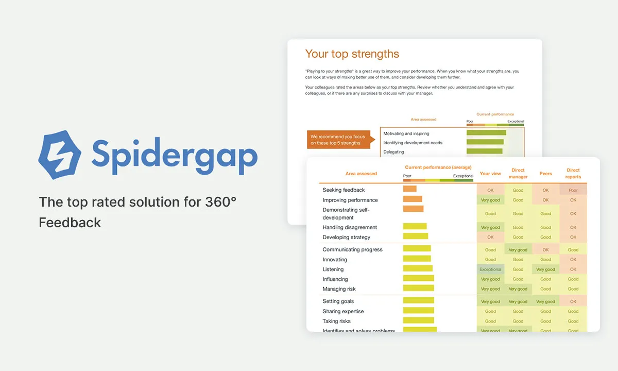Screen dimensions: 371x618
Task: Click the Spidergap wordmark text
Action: (174, 154)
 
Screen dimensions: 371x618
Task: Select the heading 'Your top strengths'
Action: (352, 54)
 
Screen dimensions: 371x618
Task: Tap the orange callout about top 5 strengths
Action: (338, 140)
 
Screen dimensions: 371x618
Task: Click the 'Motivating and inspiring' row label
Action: (406, 133)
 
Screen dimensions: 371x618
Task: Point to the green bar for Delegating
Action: (484, 151)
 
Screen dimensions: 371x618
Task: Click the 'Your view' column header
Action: (490, 174)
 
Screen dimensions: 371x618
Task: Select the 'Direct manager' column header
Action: (518, 174)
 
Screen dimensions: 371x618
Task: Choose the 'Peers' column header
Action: (545, 174)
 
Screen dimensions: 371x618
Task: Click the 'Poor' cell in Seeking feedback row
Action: (573, 190)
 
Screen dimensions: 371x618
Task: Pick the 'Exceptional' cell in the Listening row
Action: (490, 269)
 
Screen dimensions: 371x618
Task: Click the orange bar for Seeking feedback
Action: (409, 189)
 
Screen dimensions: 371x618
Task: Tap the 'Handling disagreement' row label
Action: (350, 227)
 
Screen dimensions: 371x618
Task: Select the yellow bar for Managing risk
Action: (418, 289)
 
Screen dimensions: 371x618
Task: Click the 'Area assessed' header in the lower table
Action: (361, 174)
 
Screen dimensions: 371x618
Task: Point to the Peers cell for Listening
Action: (545, 269)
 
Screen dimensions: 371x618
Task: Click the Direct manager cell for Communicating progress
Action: (518, 250)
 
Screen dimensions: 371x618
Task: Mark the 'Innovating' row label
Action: (335, 260)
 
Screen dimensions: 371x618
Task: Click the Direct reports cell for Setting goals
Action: (573, 302)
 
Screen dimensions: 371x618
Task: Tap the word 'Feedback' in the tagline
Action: (70, 223)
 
